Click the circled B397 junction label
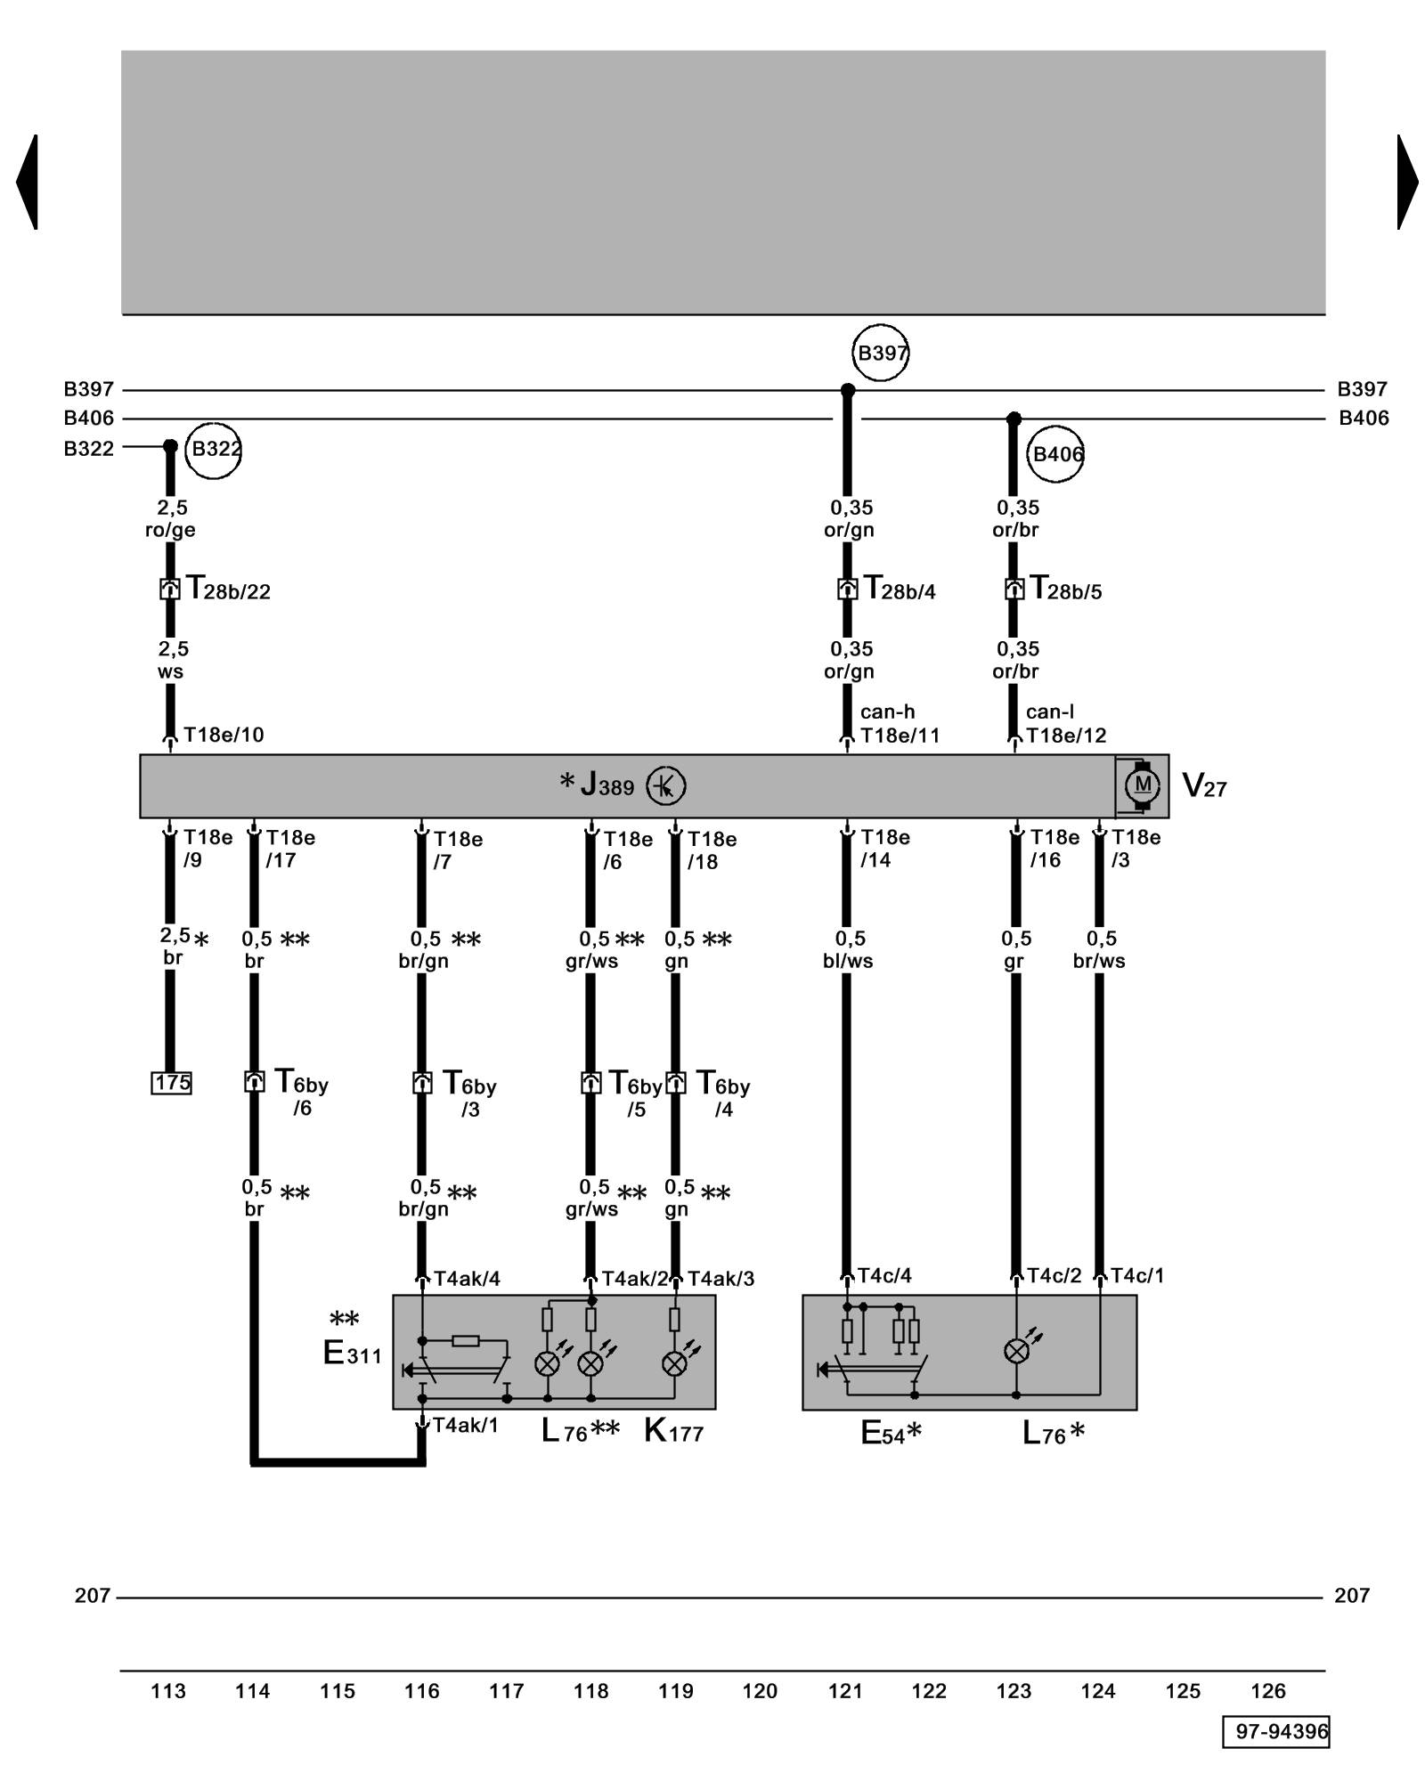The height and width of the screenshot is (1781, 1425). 881,353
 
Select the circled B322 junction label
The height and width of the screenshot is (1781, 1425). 214,449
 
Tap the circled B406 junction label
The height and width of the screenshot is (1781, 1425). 1056,454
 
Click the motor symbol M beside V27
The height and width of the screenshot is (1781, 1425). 1143,785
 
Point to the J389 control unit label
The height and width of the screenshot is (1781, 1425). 607,785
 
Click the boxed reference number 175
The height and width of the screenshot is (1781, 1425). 172,1083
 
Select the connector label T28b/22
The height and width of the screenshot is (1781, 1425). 228,590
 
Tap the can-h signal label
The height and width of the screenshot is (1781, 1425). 887,712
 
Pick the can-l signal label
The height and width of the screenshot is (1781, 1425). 1050,712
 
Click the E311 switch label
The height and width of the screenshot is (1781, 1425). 352,1354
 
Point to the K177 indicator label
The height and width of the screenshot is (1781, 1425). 673,1432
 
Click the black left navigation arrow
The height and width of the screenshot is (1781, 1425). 28,182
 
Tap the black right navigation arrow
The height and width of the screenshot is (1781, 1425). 1406,182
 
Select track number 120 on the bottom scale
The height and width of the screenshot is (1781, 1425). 760,1691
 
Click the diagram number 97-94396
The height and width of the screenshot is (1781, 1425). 1276,1731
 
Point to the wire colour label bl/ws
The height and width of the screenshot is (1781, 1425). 848,961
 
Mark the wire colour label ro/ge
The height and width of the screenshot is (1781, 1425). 170,530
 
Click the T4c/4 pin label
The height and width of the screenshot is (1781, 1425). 884,1276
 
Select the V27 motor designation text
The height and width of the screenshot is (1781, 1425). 1204,785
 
